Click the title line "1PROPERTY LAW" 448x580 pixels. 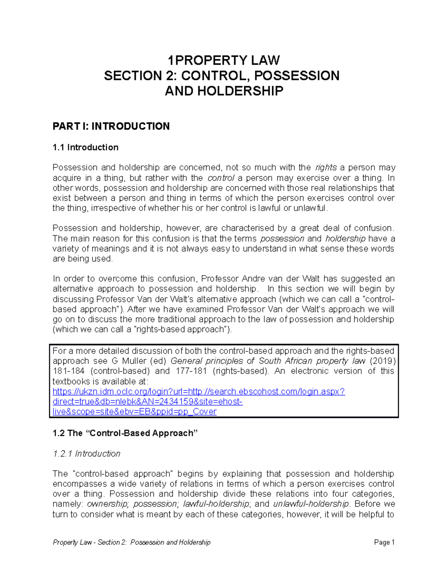click(224, 60)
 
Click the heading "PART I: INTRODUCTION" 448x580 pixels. click(111, 126)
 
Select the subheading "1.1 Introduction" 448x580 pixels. click(85, 148)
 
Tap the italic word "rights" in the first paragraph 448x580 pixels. click(326, 168)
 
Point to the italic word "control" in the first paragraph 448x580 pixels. click(221, 178)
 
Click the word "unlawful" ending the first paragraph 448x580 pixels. click(310, 208)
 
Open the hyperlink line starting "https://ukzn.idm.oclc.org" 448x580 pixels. click(199, 392)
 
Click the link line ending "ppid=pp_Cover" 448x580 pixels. click(134, 412)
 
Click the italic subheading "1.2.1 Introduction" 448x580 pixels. click(87, 454)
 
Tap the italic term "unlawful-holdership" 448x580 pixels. click(311, 504)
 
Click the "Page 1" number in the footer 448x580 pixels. click(384, 542)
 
